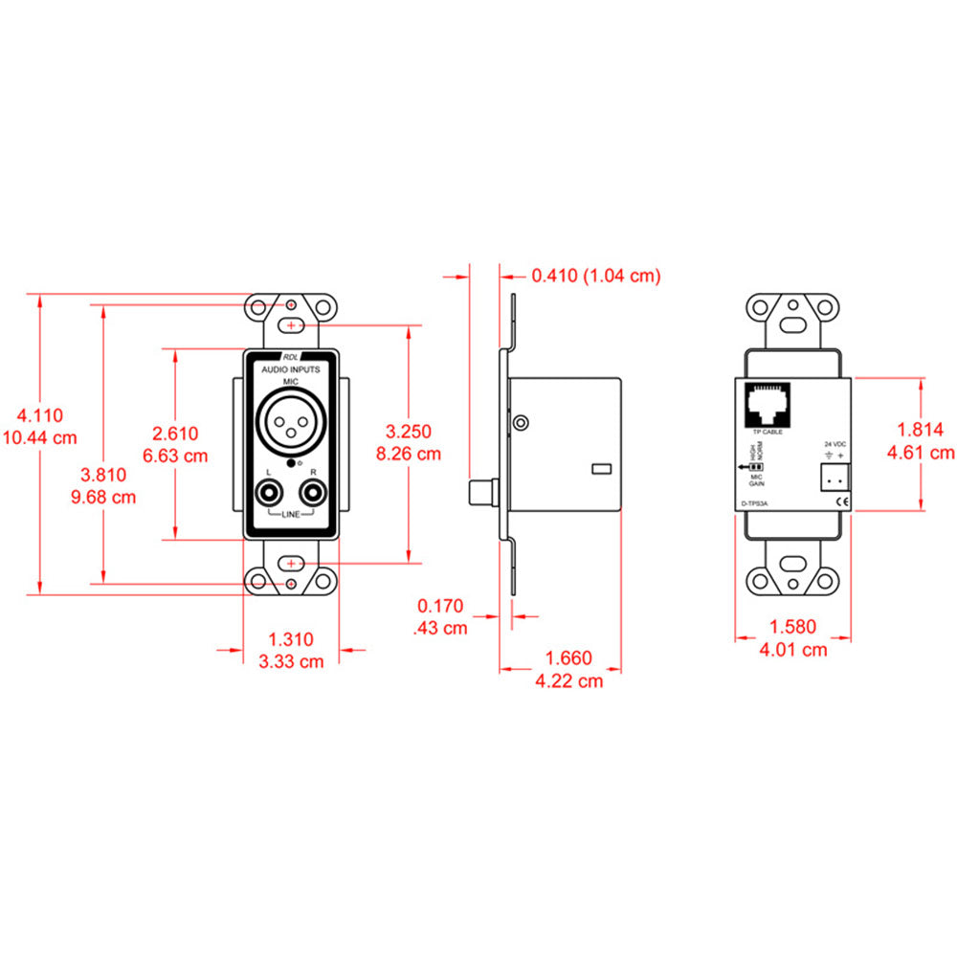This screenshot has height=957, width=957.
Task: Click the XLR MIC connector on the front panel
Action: point(289,423)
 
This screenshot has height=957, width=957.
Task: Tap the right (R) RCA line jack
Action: point(312,495)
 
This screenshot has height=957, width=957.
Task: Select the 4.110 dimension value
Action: point(40,415)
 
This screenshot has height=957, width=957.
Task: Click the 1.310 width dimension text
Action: point(291,638)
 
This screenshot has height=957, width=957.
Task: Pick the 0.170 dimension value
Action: point(440,605)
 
